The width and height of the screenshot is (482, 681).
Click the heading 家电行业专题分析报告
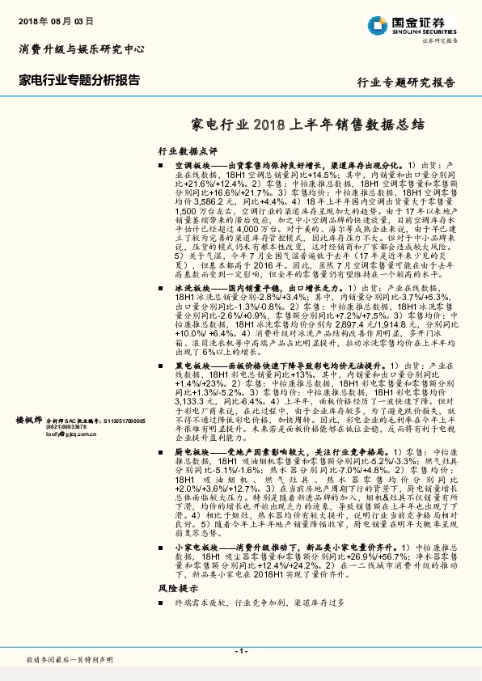[x=78, y=81]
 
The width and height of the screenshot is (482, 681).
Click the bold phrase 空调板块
[x=192, y=165]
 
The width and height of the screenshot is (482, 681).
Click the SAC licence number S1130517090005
[x=120, y=421]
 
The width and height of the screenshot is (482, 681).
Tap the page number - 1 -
[x=240, y=650]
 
